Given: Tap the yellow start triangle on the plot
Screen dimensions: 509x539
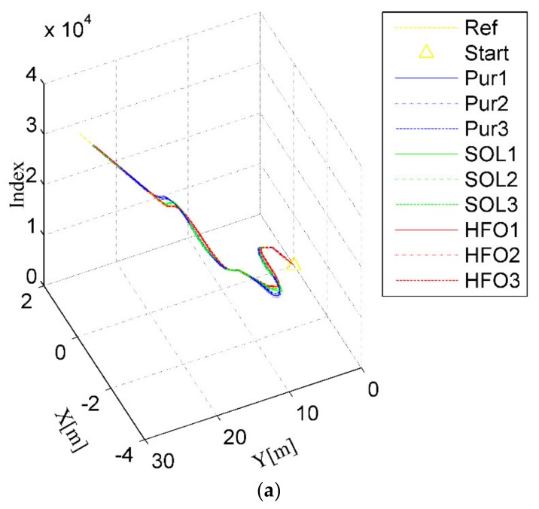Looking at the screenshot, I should point(294,264).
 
